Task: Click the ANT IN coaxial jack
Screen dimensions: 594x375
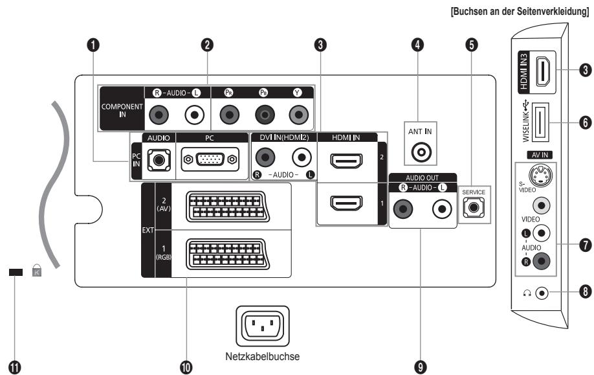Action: [x=421, y=152]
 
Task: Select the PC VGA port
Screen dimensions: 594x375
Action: [x=210, y=159]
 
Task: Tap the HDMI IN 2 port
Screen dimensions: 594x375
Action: [x=346, y=161]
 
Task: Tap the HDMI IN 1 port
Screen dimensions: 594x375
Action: [x=346, y=203]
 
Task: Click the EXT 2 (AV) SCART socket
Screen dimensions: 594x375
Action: [x=228, y=207]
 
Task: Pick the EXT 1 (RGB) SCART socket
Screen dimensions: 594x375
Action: [x=228, y=254]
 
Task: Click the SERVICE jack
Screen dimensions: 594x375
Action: [x=474, y=207]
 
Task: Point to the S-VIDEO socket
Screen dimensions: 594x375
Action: [x=540, y=175]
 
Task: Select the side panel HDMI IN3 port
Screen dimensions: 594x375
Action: [x=544, y=71]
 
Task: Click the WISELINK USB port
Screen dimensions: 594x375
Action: [x=540, y=122]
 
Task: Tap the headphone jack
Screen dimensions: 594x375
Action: [x=542, y=293]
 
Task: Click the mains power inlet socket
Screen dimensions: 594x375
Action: [x=263, y=326]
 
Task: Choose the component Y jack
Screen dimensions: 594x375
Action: [x=298, y=115]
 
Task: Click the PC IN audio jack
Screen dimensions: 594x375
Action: [x=159, y=160]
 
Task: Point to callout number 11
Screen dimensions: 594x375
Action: [x=15, y=367]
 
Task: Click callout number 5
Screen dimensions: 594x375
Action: [x=471, y=45]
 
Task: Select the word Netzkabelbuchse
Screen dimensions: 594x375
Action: [x=262, y=356]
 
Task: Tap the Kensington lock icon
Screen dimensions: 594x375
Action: [x=37, y=270]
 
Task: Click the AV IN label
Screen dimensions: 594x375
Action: [x=540, y=155]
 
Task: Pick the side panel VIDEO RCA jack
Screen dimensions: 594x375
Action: [x=542, y=205]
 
